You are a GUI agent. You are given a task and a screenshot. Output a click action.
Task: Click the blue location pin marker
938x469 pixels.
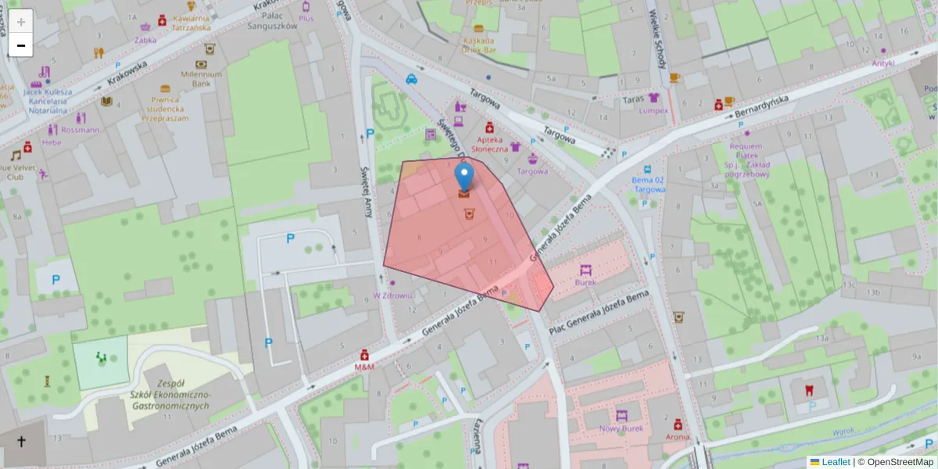point(464,177)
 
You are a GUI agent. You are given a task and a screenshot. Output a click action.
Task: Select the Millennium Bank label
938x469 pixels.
point(202,78)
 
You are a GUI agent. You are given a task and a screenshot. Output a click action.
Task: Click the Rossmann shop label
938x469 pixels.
point(80,130)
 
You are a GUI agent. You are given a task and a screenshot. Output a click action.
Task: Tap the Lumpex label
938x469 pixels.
point(653,110)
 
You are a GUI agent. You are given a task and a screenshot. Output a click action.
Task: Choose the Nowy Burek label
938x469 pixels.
point(621,428)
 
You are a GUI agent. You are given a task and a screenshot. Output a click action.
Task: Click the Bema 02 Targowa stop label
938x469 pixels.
point(649,184)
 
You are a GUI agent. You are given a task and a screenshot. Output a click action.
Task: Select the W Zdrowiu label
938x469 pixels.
point(392,295)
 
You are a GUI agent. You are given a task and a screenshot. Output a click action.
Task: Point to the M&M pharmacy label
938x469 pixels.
point(364,366)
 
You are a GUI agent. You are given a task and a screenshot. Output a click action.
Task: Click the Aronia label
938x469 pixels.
point(677,436)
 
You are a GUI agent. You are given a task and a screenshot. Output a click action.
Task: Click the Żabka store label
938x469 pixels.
point(145,40)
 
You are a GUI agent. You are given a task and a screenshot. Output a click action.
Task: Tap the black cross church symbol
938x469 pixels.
point(21,442)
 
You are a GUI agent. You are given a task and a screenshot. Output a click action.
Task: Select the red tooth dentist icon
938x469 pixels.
point(809,389)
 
